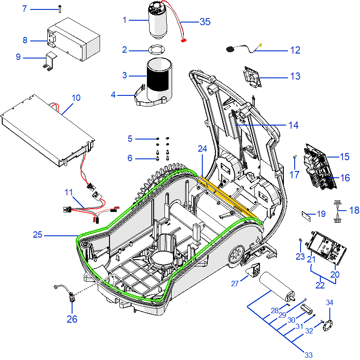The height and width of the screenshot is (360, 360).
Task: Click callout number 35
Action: click(205, 22)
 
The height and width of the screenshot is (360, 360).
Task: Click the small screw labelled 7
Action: click(60, 7)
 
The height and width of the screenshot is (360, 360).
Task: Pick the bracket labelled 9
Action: click(49, 60)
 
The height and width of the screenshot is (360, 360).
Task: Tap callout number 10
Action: click(76, 97)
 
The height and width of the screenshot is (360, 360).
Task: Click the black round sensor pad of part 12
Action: click(231, 48)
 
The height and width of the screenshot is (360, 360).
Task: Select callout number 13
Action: click(295, 76)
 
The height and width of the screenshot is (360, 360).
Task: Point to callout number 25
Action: click(38, 234)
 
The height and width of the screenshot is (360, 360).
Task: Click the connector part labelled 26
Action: click(72, 297)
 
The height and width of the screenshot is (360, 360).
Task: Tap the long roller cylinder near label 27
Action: click(275, 286)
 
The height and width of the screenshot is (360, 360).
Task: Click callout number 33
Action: click(308, 355)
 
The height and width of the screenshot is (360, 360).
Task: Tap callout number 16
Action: click(345, 178)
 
